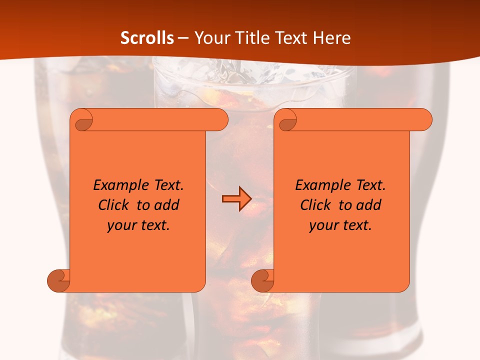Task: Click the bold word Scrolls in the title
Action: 147,38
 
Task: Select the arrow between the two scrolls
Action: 236,199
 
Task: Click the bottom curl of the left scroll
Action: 59,280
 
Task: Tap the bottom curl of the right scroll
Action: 262,280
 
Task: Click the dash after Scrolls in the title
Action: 183,38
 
